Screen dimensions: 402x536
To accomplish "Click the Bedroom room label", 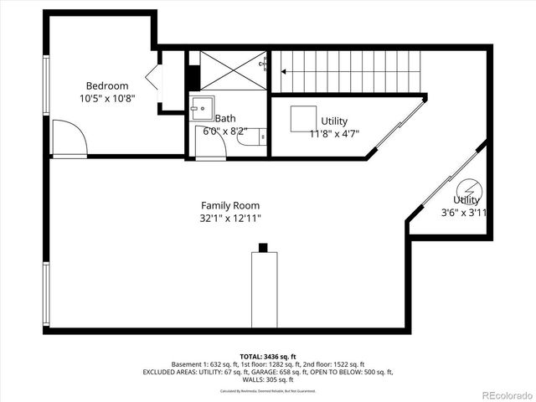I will [107, 85].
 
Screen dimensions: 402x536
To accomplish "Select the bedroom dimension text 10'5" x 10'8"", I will [107, 98].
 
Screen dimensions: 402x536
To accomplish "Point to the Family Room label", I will [229, 205].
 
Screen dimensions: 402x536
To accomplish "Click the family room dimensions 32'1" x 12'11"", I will [229, 219].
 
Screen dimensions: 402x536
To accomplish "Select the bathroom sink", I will [201, 107].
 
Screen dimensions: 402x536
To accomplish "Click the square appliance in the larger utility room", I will [302, 118].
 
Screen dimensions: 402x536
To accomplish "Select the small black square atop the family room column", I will [263, 247].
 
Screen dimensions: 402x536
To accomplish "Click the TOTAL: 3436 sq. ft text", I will [267, 357].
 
